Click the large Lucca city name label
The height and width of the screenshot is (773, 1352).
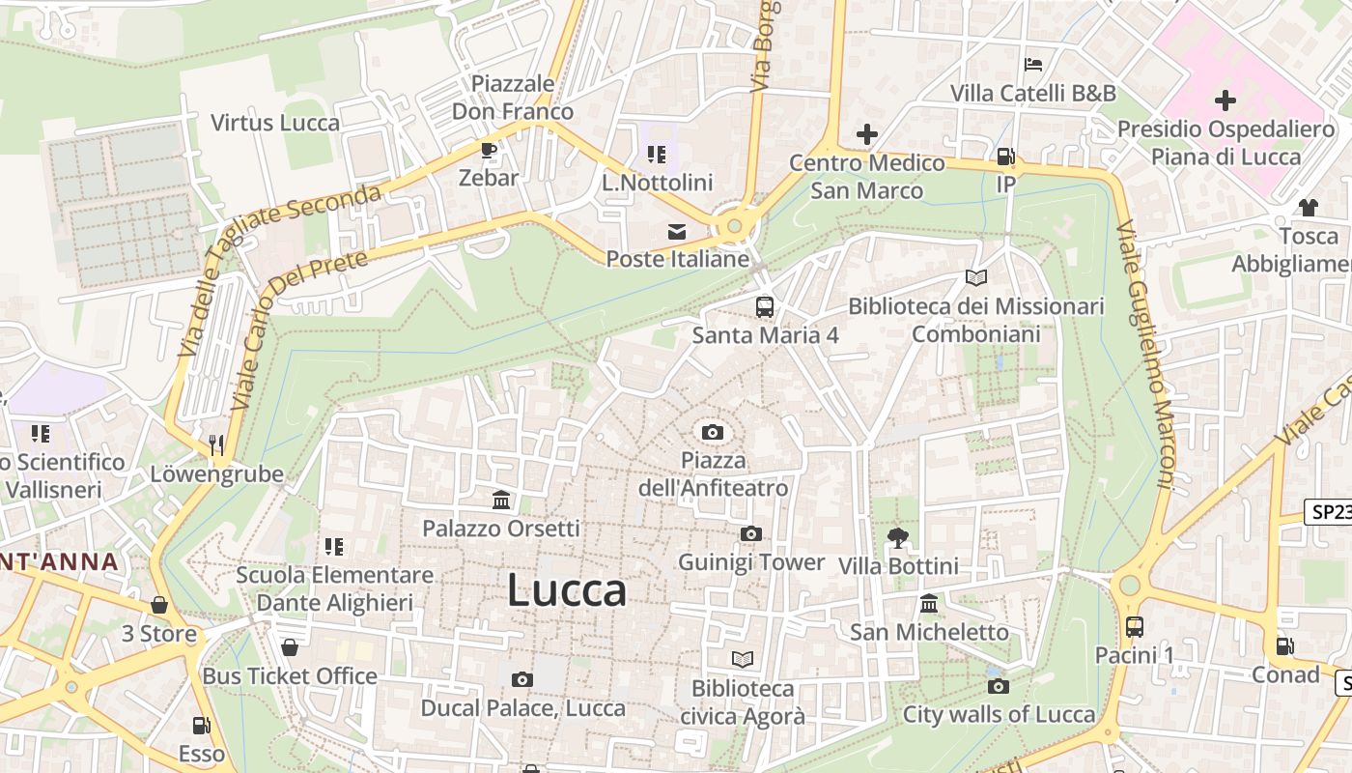coord(567,590)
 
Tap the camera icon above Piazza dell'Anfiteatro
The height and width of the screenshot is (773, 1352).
coord(713,432)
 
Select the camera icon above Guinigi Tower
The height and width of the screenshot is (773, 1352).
coord(750,533)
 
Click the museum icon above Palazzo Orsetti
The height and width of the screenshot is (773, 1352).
coord(501,500)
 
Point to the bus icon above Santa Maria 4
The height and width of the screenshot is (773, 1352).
coord(764,307)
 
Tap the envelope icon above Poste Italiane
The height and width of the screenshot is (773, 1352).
coord(676,232)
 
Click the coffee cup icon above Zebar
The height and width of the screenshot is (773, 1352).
coord(489,150)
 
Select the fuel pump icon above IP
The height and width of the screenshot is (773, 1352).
coord(1005,156)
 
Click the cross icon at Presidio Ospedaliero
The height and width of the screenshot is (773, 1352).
coord(1225,100)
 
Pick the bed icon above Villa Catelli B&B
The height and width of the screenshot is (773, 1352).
coord(1032,65)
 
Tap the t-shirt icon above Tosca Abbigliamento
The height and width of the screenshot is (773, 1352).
coord(1308,207)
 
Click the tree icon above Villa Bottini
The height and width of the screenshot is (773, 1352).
coord(898,537)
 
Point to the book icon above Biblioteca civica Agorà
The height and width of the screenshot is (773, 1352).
coord(742,659)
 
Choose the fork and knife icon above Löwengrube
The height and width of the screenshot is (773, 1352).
coord(216,444)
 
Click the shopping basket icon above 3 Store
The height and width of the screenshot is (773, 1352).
coord(159,605)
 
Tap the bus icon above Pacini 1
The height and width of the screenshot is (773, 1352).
coord(1134,626)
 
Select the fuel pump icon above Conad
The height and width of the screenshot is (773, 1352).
coord(1284,646)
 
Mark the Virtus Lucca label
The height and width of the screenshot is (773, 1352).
coord(275,123)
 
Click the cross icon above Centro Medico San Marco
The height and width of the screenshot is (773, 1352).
coord(866,134)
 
